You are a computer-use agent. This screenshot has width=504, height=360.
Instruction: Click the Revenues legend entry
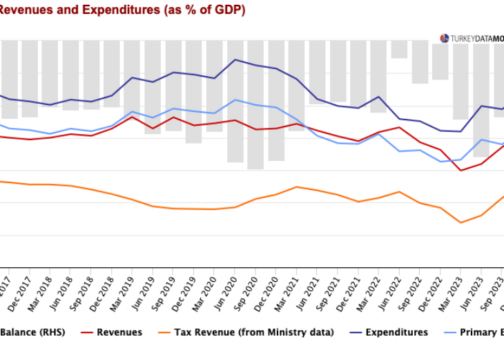119,332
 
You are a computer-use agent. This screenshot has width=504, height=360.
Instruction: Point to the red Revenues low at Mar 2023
461,170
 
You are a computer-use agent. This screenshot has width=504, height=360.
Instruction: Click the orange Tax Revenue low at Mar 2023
461,222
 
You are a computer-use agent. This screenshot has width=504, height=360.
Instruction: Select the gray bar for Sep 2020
255,104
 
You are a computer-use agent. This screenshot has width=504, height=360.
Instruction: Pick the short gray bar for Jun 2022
399,49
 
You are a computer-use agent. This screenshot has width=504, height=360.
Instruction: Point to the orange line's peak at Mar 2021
296,187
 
